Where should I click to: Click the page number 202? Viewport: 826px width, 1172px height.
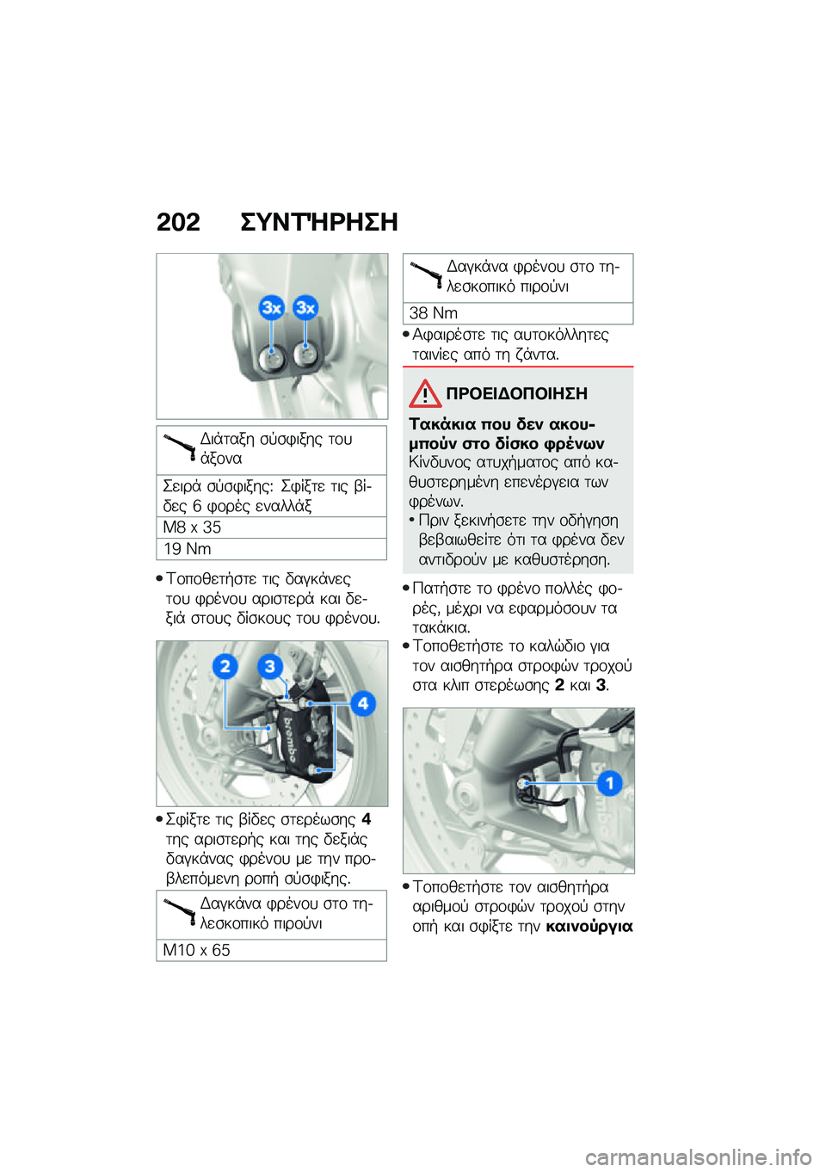(x=178, y=222)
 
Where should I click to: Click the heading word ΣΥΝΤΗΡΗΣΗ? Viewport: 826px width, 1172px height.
(x=318, y=222)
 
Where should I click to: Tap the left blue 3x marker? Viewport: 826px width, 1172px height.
(x=272, y=307)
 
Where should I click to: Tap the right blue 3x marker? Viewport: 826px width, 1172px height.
(x=305, y=307)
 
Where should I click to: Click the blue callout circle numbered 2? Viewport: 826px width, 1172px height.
(x=225, y=666)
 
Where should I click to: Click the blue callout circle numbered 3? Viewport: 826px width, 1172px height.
(x=270, y=666)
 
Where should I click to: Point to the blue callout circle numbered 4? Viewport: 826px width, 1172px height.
(x=363, y=703)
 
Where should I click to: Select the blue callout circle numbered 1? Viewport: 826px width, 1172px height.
(x=609, y=783)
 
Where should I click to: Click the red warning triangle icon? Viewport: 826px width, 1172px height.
(x=425, y=394)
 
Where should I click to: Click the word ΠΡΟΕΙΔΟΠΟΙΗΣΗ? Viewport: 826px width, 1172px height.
(x=516, y=394)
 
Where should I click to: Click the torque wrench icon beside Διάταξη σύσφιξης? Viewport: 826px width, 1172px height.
(x=180, y=447)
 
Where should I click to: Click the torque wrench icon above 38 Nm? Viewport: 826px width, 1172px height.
(x=427, y=275)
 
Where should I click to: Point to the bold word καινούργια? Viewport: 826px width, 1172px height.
(x=589, y=927)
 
